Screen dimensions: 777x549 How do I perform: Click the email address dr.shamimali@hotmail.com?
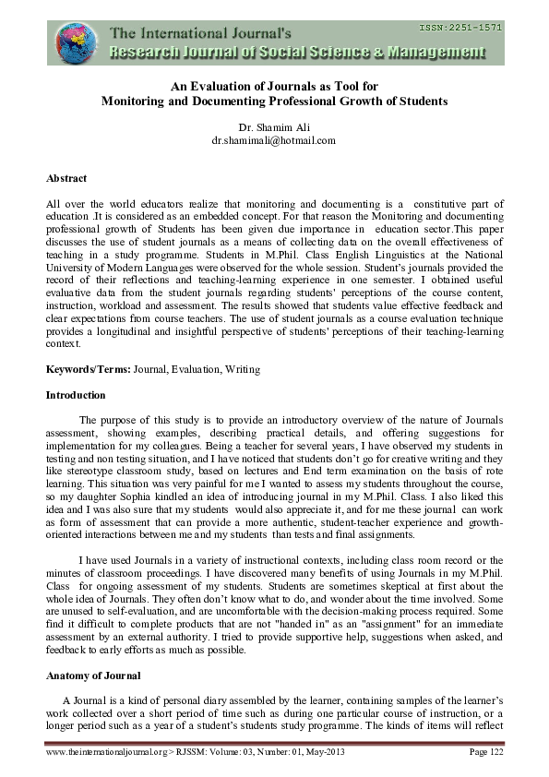click(x=273, y=141)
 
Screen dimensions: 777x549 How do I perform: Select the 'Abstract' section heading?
click(x=66, y=178)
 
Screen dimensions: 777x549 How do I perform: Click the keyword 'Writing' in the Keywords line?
click(x=241, y=369)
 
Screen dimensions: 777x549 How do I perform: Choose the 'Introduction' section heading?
click(x=75, y=394)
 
